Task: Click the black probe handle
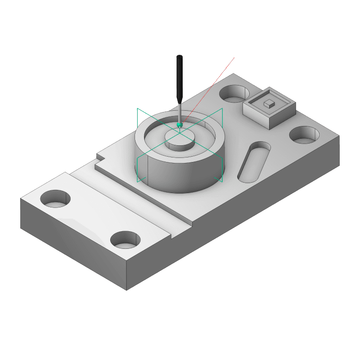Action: [180, 76]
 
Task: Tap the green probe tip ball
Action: [179, 125]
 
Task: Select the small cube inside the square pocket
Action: [269, 103]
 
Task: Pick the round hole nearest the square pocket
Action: [304, 135]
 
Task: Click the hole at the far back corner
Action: [234, 94]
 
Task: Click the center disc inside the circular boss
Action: [180, 139]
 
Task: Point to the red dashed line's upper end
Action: [234, 58]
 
